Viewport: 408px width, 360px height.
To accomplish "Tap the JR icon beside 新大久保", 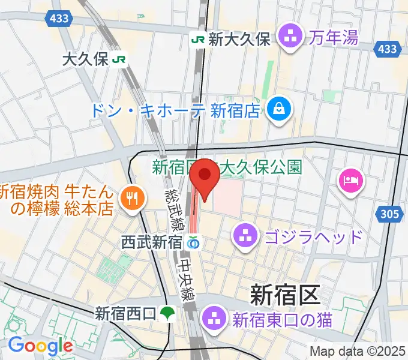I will [198, 40].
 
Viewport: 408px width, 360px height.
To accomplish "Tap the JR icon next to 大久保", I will [121, 59].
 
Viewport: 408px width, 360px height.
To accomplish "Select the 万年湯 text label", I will [334, 38].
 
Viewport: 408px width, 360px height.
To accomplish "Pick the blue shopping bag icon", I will [280, 109].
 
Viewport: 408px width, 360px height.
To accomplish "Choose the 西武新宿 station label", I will [152, 243].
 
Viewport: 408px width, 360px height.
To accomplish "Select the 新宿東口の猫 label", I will [283, 319].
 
